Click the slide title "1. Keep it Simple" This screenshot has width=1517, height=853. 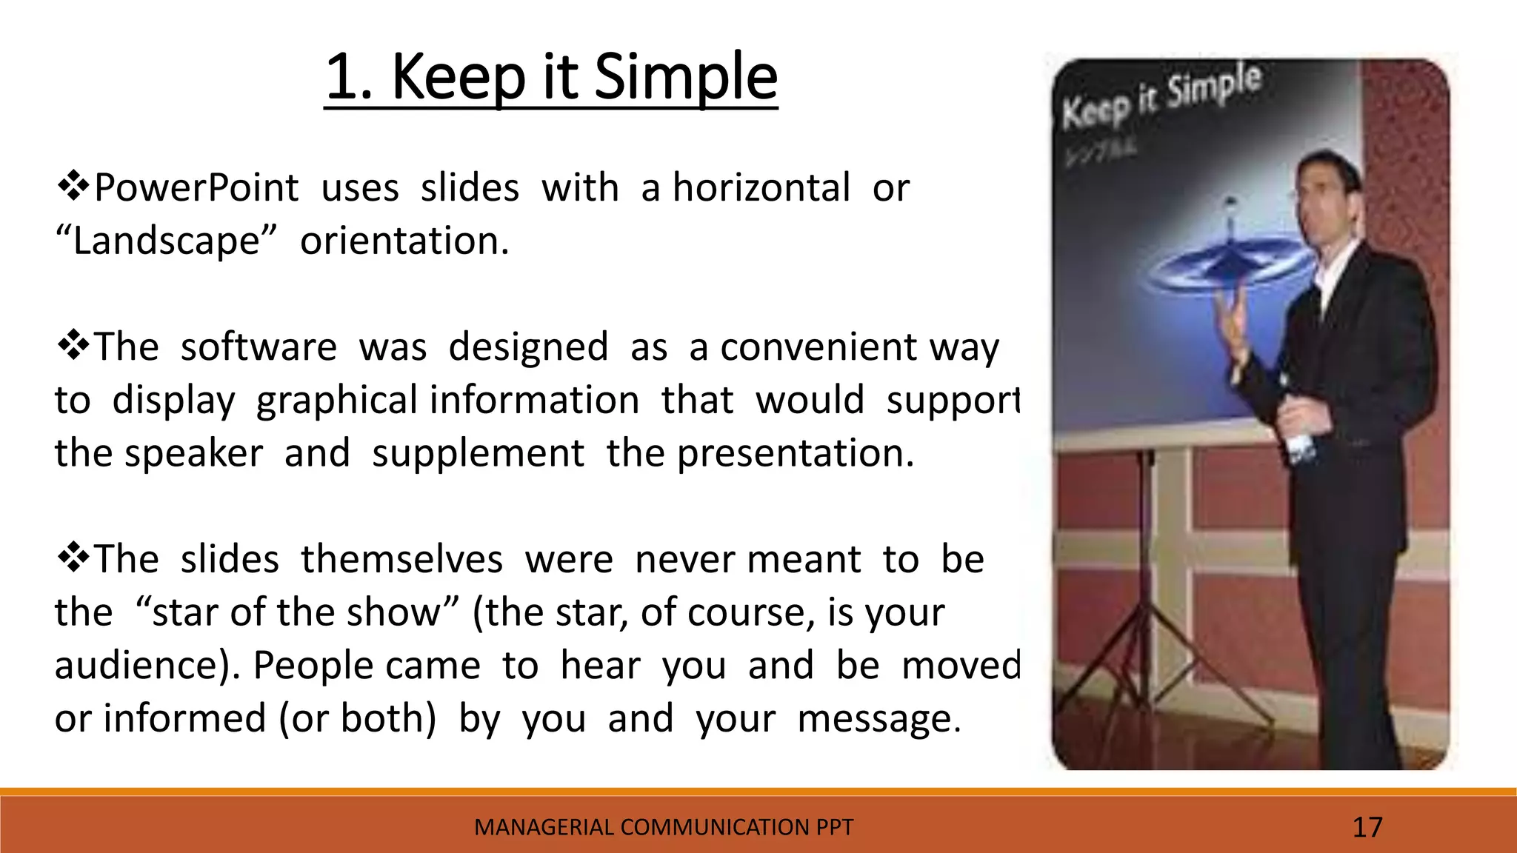551,77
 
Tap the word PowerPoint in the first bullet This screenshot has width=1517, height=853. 196,188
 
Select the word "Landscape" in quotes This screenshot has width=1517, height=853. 166,241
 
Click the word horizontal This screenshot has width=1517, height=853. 761,188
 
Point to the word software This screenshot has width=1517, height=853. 259,347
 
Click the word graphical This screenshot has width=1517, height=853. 336,401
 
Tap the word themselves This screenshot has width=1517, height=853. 401,559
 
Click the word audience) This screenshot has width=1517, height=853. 147,666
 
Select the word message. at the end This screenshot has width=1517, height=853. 878,719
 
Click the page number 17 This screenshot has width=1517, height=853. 1367,827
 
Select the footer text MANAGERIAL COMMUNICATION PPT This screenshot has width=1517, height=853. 663,827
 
